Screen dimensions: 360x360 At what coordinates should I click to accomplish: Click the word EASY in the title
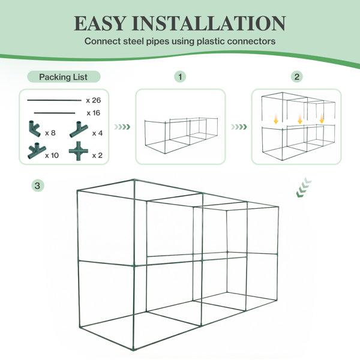coord(100,23)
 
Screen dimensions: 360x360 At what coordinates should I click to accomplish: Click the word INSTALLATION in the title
coord(208,23)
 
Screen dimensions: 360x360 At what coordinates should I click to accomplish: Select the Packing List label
coord(64,77)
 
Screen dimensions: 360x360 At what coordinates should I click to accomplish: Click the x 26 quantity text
coord(94,100)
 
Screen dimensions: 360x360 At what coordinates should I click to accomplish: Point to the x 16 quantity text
coord(94,113)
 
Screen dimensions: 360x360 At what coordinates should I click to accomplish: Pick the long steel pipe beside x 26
coord(54,100)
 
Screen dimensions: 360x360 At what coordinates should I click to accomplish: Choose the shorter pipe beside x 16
coord(55,113)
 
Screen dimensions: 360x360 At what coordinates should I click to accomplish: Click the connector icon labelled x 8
coord(34,129)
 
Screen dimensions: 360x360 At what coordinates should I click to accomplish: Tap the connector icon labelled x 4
coord(79,130)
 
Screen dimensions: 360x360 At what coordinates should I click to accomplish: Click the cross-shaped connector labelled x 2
coord(79,151)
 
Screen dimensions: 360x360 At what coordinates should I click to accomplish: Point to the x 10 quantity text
coord(52,155)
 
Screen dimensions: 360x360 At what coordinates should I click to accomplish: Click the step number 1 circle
coord(180,77)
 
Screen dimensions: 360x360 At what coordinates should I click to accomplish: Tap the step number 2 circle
coord(296,77)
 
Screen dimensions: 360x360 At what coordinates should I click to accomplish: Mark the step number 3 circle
coord(37,185)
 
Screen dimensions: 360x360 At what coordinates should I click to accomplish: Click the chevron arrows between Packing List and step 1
coord(122,127)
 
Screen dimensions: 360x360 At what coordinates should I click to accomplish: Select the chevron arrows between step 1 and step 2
coord(239,127)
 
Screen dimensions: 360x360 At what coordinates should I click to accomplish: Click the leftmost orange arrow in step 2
coord(276,119)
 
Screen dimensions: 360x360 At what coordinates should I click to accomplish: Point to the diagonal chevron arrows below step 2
coord(304,187)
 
